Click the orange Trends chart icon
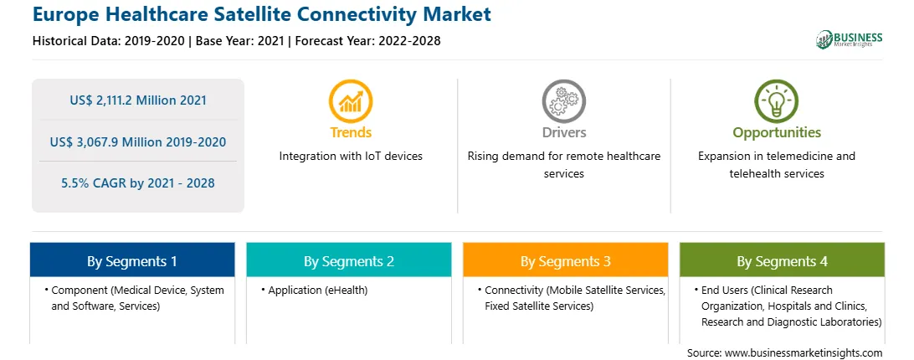point(351,101)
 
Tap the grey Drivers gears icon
point(563,101)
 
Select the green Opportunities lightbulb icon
point(777,101)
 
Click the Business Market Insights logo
point(850,39)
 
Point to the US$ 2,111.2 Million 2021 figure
point(138,100)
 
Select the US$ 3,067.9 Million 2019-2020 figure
point(138,141)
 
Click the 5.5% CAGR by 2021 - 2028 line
point(138,183)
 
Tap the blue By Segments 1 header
point(132,260)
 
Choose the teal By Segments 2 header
point(349,260)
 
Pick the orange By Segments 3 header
point(566,260)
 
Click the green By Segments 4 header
point(783,260)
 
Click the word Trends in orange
point(351,132)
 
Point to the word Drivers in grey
point(564,132)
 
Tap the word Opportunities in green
point(777,133)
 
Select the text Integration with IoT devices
point(351,157)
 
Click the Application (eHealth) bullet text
point(318,290)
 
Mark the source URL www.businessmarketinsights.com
point(804,353)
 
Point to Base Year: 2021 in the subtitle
point(239,41)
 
